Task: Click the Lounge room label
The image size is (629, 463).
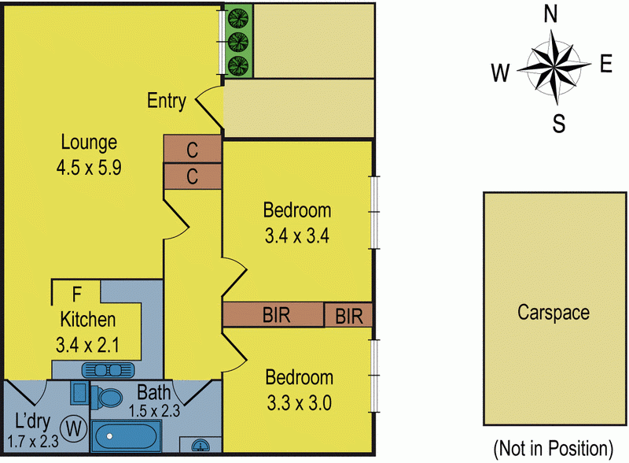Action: [89, 143]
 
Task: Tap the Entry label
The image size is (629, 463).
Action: [167, 102]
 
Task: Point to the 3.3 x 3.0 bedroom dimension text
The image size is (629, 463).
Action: [299, 403]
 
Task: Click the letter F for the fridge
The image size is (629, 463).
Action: [76, 295]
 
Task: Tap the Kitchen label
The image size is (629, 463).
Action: [88, 320]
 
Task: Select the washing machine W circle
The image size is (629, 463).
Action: [75, 429]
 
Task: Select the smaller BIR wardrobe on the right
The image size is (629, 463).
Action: [348, 317]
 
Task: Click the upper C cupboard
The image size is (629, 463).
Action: [192, 149]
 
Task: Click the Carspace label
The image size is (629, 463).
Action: [553, 313]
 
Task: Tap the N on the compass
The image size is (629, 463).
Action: [551, 13]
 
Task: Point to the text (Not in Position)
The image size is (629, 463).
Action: [552, 449]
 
